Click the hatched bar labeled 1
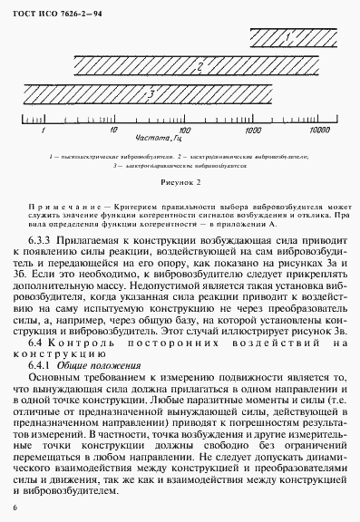click(x=291, y=37)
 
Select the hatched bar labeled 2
click(x=198, y=65)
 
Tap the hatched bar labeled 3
click(x=154, y=92)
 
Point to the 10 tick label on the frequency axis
click(x=111, y=130)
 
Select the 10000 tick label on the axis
click(x=319, y=130)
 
